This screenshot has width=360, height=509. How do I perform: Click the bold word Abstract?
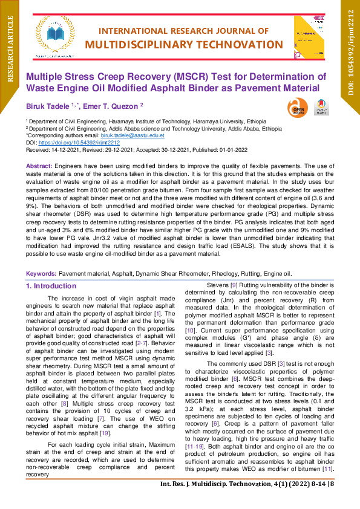(39, 166)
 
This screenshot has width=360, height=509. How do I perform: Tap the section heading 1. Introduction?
(51, 286)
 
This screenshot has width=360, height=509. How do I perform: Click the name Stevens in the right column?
(218, 285)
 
